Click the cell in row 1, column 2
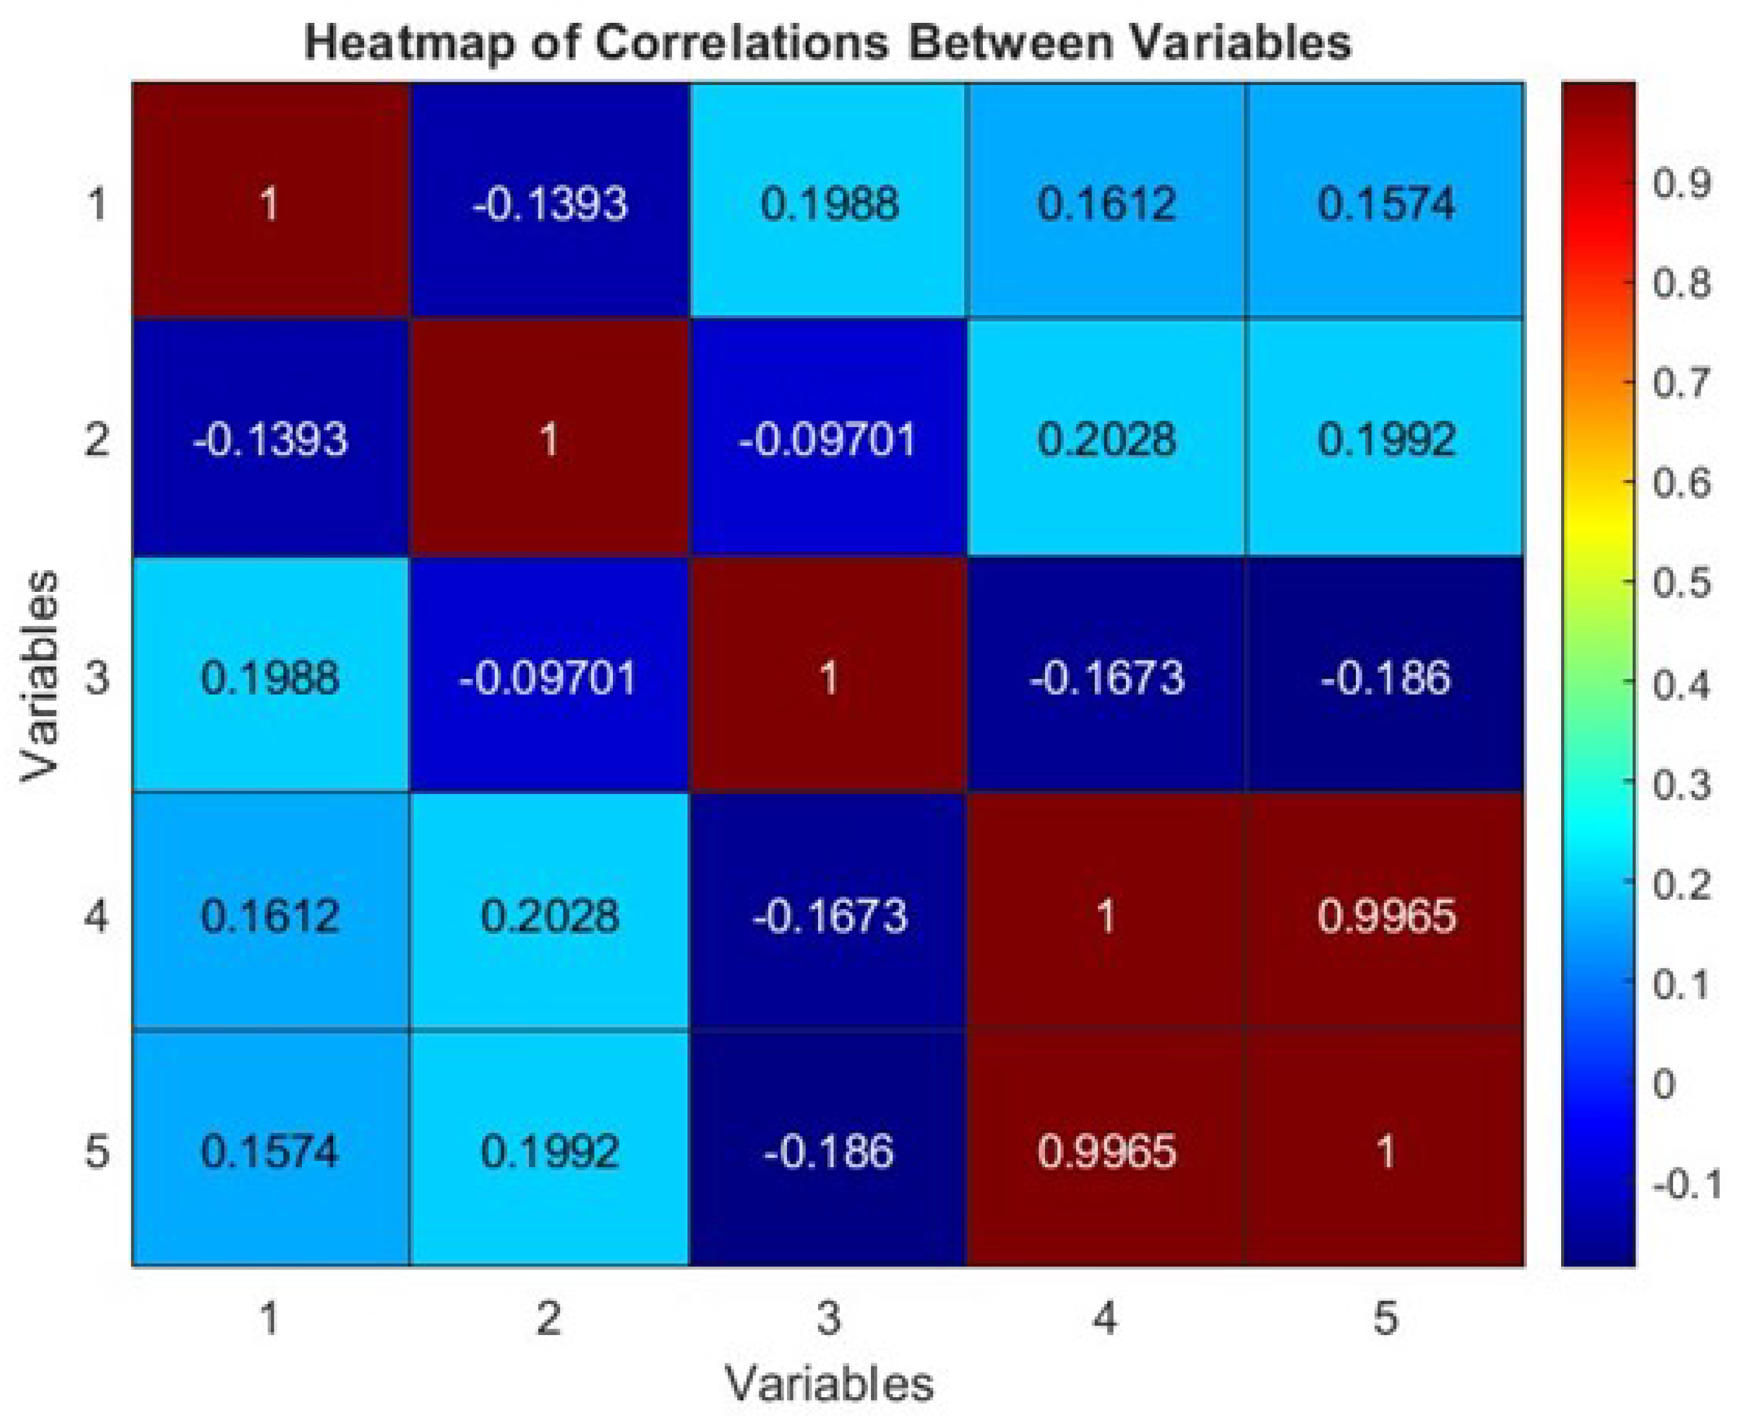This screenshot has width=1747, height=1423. pyautogui.click(x=549, y=201)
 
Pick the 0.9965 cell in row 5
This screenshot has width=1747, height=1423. pyautogui.click(x=1106, y=1151)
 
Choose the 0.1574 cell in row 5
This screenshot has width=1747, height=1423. pyautogui.click(x=270, y=1151)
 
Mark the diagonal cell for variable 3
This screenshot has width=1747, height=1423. pyautogui.click(x=827, y=677)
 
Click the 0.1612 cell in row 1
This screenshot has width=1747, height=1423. pyautogui.click(x=1106, y=201)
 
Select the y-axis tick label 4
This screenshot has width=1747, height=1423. pyautogui.click(x=97, y=915)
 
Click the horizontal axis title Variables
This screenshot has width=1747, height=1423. pyautogui.click(x=827, y=1384)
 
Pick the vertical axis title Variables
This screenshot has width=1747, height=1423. pyautogui.click(x=39, y=677)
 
